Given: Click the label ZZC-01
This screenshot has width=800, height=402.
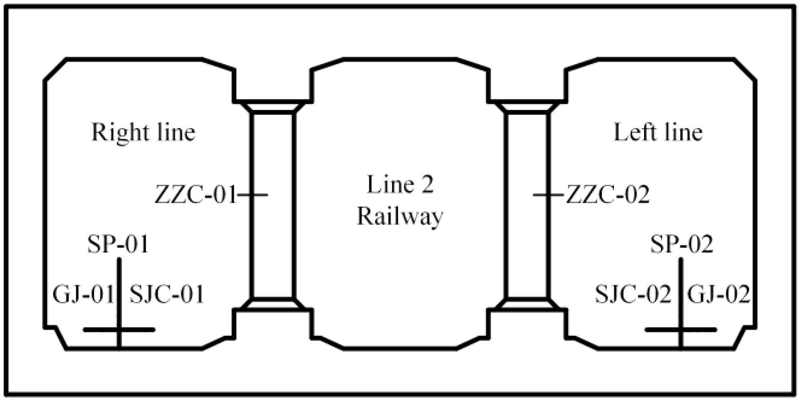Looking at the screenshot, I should click(196, 195).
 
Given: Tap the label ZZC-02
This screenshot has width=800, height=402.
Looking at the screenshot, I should click(607, 195).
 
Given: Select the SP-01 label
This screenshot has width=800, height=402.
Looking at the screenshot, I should click(118, 244).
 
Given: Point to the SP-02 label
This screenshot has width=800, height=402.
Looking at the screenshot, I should click(681, 244).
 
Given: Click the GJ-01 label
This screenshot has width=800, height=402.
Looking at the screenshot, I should click(84, 294).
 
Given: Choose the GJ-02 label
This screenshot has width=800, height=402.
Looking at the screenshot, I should click(718, 294).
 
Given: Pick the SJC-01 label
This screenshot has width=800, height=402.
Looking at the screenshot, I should click(167, 294).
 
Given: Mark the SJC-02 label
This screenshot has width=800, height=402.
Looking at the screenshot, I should click(633, 294).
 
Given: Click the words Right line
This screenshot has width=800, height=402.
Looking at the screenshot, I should click(143, 132).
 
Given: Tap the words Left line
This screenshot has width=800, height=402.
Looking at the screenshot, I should click(658, 132).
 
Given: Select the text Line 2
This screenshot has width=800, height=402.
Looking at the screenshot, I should click(400, 185).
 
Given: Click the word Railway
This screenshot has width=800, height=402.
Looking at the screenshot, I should click(400, 216).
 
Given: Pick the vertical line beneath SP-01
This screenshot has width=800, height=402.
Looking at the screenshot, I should click(119, 281).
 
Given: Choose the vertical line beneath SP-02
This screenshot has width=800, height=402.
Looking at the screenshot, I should click(680, 281).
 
